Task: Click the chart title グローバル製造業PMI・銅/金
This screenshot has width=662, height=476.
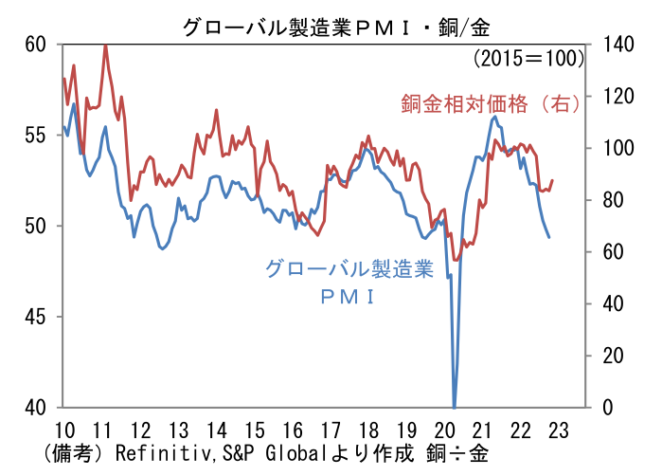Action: [336, 27]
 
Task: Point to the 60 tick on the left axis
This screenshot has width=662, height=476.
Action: [35, 45]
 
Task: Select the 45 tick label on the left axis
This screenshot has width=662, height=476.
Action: [35, 317]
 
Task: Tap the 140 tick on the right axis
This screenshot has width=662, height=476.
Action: [618, 45]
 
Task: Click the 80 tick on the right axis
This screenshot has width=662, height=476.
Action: [613, 200]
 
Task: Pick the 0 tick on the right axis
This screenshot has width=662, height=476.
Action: [608, 408]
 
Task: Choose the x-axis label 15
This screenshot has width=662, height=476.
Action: [255, 430]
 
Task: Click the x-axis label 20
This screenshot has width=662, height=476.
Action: [444, 430]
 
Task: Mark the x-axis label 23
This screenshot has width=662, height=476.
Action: [558, 430]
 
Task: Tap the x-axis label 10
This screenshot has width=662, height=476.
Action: [65, 430]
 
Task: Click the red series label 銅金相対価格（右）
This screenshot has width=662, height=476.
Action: [491, 104]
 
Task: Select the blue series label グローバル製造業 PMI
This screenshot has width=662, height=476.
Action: [349, 282]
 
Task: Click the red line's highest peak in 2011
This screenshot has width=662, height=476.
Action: [105, 46]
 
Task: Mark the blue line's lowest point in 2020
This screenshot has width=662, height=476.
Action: [455, 407]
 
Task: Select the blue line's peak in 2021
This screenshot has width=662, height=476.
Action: [494, 117]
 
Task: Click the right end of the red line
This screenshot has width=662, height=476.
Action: [553, 180]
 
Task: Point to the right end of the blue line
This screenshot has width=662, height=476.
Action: [549, 238]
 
